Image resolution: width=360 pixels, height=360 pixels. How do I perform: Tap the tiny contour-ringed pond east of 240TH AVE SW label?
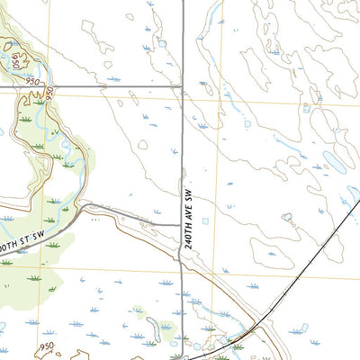(287, 217)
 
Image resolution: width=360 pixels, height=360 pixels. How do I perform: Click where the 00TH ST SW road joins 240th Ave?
(181, 223)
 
